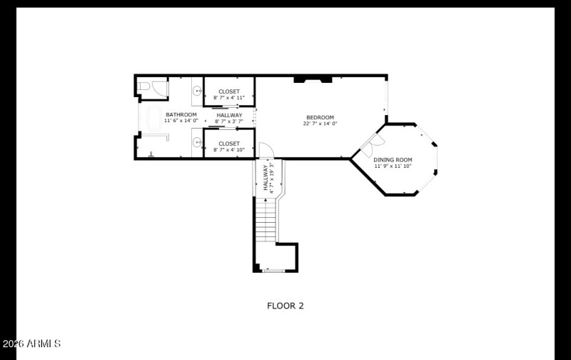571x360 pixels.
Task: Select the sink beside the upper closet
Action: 197,91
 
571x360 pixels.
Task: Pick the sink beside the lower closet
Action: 197,141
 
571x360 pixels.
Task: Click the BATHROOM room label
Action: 181,114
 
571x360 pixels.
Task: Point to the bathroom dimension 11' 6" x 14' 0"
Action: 181,121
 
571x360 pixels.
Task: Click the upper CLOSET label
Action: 229,91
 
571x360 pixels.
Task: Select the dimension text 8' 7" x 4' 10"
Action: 229,150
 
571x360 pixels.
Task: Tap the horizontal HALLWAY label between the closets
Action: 229,115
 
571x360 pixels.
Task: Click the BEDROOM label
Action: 320,117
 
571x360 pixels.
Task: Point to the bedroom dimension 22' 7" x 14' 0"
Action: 320,124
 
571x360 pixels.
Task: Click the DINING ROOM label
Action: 393,159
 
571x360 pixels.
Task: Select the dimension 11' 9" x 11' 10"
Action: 393,166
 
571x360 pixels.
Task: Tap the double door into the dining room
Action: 366,146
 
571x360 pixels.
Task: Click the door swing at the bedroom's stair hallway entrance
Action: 265,151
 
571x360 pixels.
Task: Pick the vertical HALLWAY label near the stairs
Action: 265,179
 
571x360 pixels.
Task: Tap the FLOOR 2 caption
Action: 285,306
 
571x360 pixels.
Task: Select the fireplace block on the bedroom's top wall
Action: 313,78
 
